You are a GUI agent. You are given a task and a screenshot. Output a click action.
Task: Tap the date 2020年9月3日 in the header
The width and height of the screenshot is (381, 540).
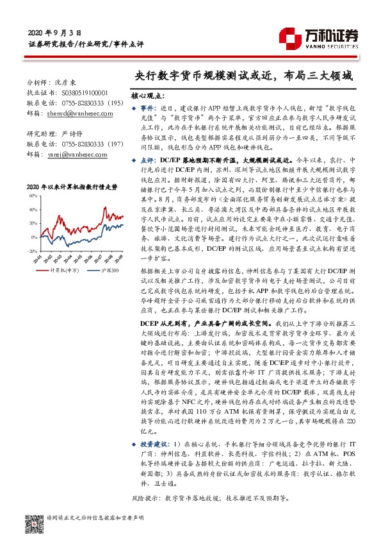click(x=55, y=32)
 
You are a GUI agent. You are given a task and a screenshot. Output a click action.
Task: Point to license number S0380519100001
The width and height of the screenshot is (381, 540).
click(x=81, y=92)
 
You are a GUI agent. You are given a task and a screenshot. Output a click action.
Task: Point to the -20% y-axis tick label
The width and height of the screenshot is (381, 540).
click(x=32, y=251)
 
